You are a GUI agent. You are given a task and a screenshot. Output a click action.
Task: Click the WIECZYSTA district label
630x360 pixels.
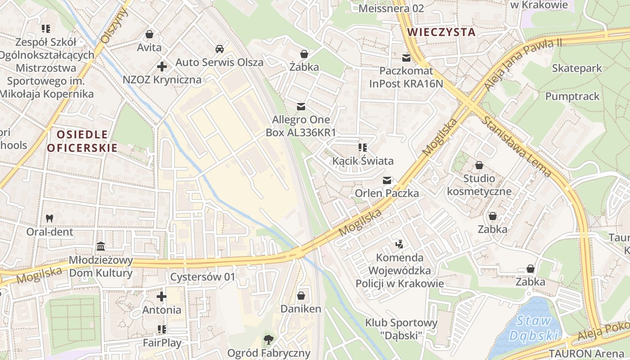click(441, 32)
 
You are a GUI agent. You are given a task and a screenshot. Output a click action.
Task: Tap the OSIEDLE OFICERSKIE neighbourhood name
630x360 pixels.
click(82, 141)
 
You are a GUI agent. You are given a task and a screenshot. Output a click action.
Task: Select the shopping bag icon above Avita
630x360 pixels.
click(149, 34)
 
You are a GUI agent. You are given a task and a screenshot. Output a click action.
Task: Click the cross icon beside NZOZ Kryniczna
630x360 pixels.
click(162, 67)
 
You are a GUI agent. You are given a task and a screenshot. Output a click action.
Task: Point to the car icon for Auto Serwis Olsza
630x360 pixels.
click(219, 49)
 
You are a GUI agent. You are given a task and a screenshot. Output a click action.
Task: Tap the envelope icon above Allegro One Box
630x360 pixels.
click(301, 107)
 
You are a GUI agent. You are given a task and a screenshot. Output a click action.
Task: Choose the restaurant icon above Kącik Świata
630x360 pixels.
click(363, 148)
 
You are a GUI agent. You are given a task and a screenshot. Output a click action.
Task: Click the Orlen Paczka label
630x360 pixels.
click(387, 193)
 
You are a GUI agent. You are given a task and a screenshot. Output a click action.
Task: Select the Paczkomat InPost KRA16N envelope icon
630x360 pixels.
click(407, 58)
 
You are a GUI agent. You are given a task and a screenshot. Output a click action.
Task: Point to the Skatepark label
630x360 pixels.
click(577, 68)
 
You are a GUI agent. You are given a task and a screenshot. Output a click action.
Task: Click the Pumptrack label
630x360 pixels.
click(572, 96)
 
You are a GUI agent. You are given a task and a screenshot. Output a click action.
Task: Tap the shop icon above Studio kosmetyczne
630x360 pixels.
click(479, 165)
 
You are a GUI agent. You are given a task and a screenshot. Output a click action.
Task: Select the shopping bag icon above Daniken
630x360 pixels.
click(301, 296)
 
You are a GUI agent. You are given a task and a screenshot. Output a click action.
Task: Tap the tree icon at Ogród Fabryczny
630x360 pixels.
click(269, 339)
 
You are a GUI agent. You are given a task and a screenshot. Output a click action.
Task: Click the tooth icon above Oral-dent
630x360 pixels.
click(49, 218)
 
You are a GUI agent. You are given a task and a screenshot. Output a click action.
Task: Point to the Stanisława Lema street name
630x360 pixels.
click(517, 146)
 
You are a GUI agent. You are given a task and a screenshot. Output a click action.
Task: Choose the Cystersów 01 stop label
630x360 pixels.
click(202, 277)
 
